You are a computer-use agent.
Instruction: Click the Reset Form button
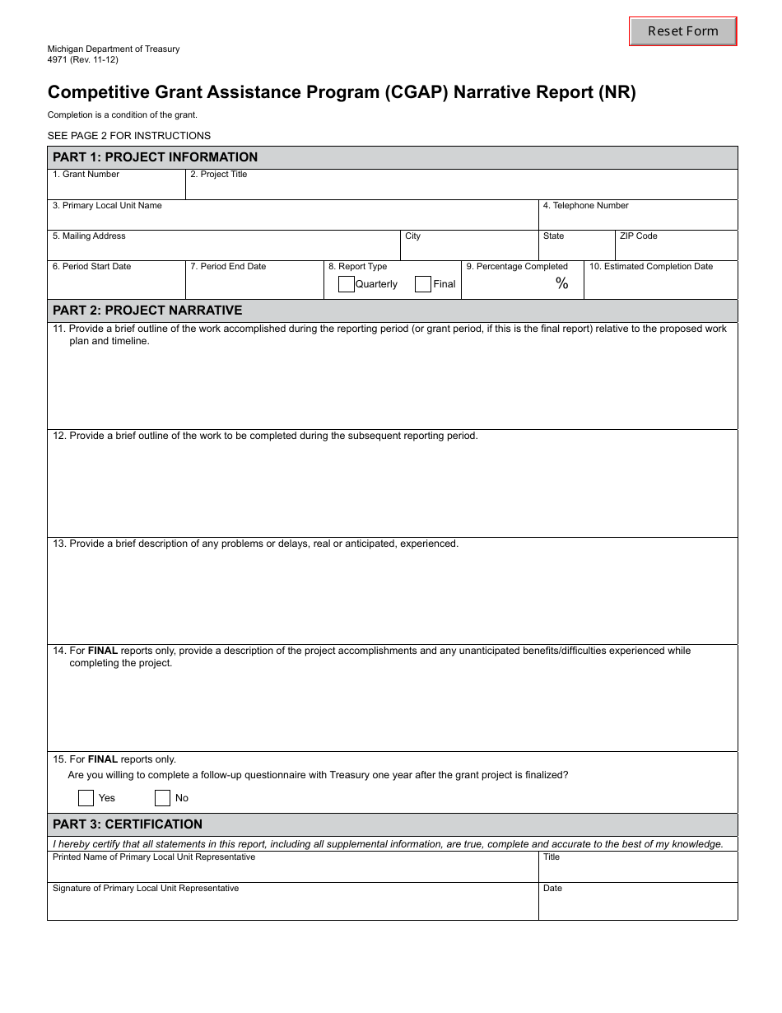pos(682,31)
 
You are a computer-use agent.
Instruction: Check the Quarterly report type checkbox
pos(347,284)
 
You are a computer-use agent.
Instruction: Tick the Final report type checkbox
pos(423,284)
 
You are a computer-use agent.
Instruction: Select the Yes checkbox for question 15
pos(86,797)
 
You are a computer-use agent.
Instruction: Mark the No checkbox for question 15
pos(162,797)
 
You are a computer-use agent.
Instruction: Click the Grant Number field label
pos(86,175)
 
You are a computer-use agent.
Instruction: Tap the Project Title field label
pos(219,175)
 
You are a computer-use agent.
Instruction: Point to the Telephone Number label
pos(586,206)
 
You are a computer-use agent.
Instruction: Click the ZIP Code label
pos(639,236)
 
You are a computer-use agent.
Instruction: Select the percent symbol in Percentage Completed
pos(562,284)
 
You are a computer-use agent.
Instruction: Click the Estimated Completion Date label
pos(651,267)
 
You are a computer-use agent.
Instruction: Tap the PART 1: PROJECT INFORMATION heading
pos(155,157)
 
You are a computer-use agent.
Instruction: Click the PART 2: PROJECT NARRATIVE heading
pos(147,310)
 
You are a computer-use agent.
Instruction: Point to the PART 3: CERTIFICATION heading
pos(128,824)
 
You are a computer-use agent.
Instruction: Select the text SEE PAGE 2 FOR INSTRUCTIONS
pos(129,136)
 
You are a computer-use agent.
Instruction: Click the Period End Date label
pos(228,267)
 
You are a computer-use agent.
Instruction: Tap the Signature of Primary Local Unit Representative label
pos(146,889)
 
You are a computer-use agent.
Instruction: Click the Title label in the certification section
pos(552,857)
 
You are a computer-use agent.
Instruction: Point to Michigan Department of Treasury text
pos(114,49)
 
